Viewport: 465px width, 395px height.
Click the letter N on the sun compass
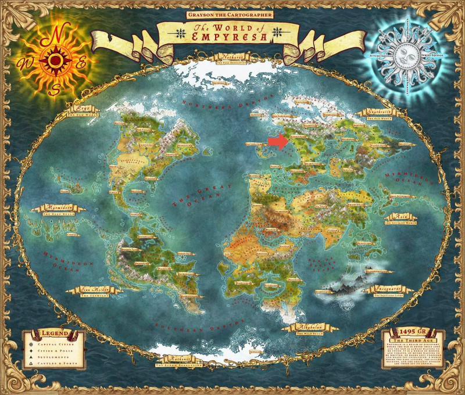54,34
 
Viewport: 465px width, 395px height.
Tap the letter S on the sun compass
55,88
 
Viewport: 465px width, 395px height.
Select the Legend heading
55,335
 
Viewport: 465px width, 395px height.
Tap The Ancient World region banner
401,220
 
